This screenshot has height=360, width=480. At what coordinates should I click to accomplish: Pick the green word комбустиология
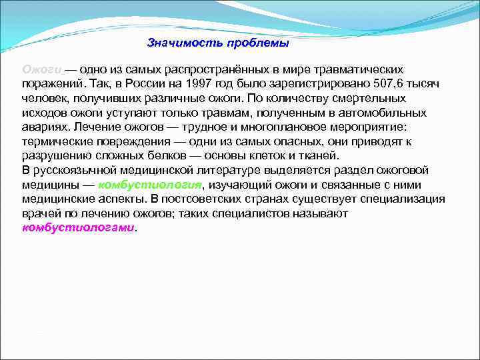coord(150,185)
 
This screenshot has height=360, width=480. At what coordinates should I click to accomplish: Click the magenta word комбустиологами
coord(78,227)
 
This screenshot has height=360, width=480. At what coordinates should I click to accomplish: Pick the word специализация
coord(407,199)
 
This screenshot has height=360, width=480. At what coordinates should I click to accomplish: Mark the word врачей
coord(40,213)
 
